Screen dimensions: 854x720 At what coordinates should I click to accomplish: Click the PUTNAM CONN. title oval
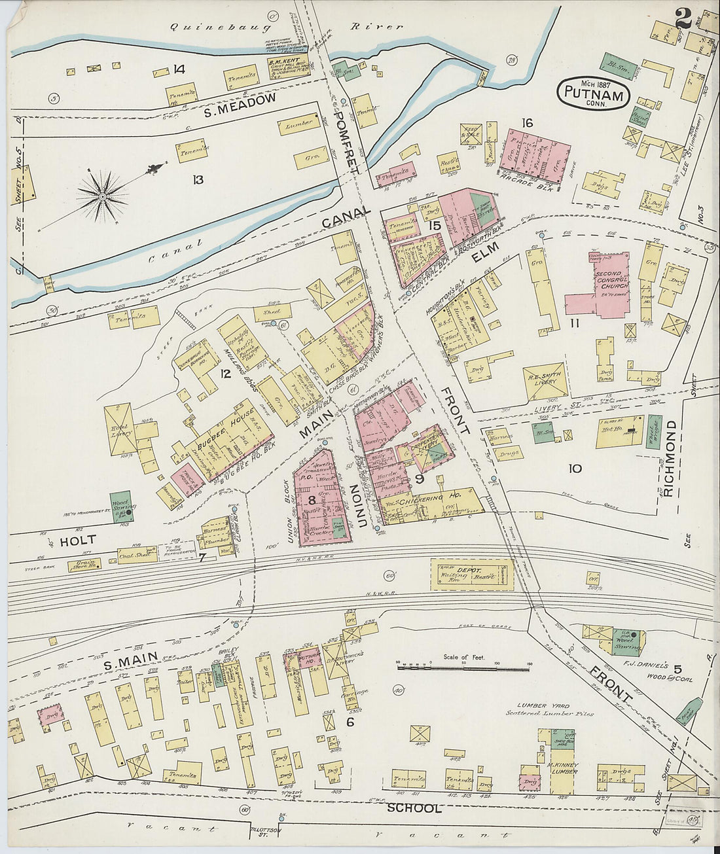coord(594,93)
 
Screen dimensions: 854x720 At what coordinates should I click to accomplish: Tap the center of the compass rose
coord(103,194)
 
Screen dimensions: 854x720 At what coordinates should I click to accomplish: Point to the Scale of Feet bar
coord(463,668)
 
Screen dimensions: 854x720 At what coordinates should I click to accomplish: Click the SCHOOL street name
coord(414,809)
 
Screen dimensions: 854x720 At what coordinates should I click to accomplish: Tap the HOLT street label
coord(78,541)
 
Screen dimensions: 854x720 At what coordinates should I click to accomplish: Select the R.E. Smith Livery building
coord(545,382)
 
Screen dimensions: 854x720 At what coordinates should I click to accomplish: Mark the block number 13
coord(198,180)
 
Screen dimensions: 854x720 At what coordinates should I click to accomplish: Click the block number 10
coord(575,469)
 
